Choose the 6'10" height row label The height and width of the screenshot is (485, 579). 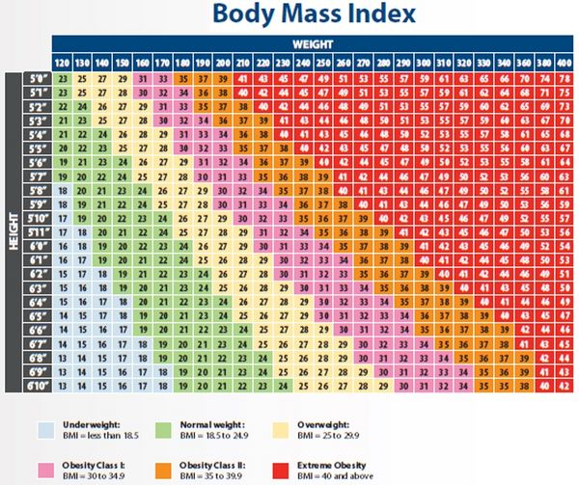[x=36, y=387]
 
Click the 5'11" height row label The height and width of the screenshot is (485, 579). [x=36, y=232]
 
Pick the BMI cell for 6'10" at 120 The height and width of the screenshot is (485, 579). [x=63, y=387]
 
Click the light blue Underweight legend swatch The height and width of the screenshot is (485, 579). [x=45, y=429]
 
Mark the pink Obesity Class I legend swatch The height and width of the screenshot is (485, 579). [x=45, y=472]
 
